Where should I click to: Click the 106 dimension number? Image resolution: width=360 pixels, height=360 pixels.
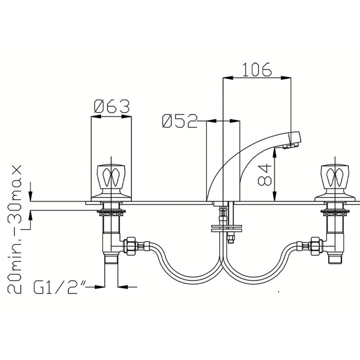(257, 69)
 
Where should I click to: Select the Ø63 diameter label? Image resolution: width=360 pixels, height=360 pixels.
(112, 107)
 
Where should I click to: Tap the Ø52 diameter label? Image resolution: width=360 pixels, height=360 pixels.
(180, 121)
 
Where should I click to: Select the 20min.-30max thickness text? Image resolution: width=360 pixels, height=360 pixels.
(16, 229)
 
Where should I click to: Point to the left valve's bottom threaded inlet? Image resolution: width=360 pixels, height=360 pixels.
(111, 260)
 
